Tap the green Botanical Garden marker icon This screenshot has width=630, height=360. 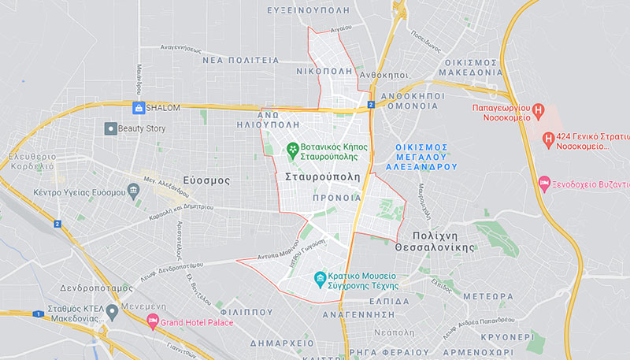(x=292, y=147)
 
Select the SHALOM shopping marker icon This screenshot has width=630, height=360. (x=139, y=108)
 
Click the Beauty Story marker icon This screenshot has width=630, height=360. (x=111, y=128)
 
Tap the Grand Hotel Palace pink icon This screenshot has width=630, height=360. (x=153, y=321)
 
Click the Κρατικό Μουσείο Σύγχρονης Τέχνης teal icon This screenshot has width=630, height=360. (x=320, y=278)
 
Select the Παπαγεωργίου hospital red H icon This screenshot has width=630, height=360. (x=539, y=111)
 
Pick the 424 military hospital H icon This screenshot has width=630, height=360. (x=548, y=140)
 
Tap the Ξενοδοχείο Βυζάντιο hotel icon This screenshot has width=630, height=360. (x=544, y=184)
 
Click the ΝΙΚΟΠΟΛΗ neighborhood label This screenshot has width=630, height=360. (x=324, y=70)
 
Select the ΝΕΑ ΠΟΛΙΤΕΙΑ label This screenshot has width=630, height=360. (x=241, y=59)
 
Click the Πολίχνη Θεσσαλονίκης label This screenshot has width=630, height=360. (x=445, y=240)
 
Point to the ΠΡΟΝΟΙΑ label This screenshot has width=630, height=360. (x=335, y=198)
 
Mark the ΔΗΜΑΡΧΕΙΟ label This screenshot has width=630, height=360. (x=283, y=343)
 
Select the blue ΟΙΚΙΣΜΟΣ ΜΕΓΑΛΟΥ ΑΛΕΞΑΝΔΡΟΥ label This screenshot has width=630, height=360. (x=421, y=157)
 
